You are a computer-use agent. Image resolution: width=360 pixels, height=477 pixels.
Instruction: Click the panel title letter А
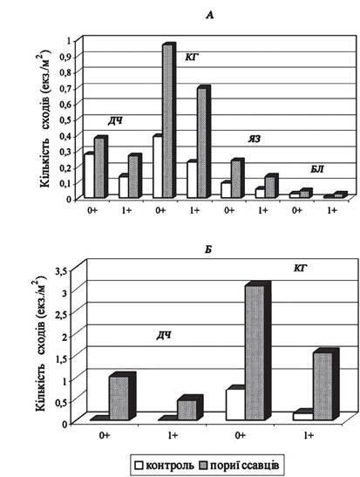[210, 15]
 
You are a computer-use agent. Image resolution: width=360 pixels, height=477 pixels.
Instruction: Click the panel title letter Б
[208, 249]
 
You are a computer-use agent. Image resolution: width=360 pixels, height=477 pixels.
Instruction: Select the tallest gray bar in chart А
[167, 121]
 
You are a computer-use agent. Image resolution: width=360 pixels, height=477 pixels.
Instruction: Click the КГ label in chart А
[192, 57]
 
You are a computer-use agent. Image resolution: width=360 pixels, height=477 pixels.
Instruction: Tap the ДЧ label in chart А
[115, 121]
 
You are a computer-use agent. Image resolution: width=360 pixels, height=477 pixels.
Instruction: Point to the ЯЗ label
[254, 139]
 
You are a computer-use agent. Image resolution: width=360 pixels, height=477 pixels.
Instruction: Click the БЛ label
[316, 169]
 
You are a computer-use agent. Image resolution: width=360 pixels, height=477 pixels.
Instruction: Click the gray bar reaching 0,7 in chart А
[202, 143]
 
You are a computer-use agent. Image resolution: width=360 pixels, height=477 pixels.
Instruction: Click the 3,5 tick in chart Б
[61, 271]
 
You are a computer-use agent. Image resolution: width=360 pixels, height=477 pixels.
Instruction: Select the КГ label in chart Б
[300, 268]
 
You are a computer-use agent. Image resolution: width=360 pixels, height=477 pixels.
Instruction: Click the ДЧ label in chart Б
[164, 336]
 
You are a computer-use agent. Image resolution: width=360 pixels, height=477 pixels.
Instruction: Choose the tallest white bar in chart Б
[235, 405]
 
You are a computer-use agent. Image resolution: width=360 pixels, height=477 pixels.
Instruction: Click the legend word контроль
[170, 466]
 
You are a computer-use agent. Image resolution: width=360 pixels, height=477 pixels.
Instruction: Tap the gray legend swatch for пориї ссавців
[203, 466]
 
